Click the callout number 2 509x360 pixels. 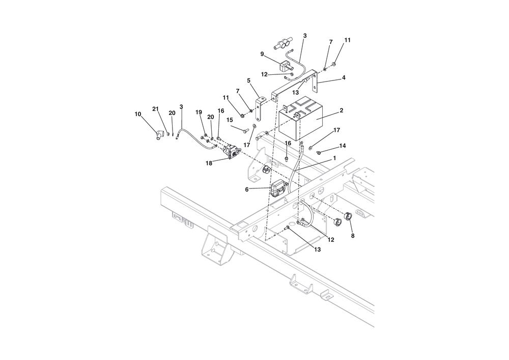341,110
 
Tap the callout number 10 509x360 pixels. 138,114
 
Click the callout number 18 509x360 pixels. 209,163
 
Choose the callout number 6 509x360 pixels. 247,189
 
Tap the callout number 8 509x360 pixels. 353,236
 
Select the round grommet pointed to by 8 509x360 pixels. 349,215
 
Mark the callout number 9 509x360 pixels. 262,54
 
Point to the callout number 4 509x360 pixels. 344,77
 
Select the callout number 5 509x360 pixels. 249,80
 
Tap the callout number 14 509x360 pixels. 343,146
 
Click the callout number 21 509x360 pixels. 155,109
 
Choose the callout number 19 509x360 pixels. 199,112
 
